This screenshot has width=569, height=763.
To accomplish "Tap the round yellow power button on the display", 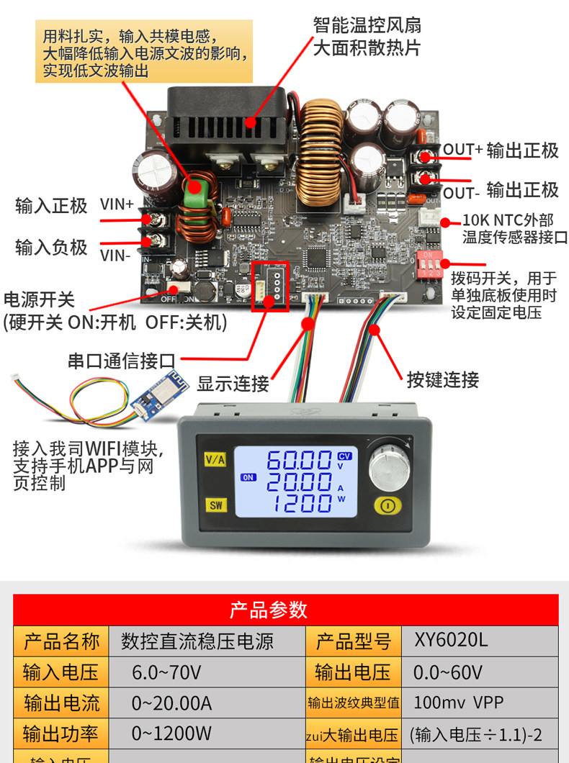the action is coord(387,505).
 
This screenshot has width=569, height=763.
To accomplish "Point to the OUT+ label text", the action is coord(462,150).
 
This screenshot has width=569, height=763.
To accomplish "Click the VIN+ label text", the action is coord(117,204).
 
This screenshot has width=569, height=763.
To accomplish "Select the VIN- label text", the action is coord(115,254).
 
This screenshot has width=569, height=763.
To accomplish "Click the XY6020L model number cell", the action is coord(451,640).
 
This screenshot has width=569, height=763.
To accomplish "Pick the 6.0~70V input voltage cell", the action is coord(166,672).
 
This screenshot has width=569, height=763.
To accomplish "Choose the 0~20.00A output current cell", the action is coord(171,703).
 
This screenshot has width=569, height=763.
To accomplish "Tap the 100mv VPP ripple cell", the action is coord(458,703).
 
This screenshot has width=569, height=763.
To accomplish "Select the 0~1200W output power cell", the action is coord(171,733).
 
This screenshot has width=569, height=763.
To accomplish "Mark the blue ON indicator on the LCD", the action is coord(248,477).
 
